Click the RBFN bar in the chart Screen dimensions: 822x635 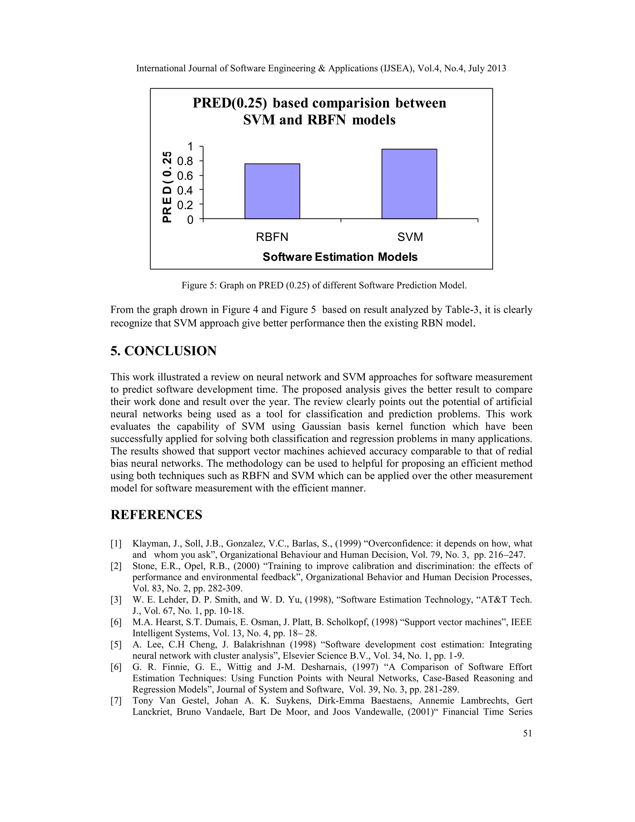pos(272,191)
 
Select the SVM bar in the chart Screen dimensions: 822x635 pos(409,184)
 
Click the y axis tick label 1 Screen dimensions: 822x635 pos(190,146)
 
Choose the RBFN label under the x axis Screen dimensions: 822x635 pos(272,237)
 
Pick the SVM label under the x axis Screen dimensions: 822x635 pos(410,237)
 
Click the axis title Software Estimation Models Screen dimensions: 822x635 pos(340,257)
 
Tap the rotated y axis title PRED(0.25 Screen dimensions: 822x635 pos(167,187)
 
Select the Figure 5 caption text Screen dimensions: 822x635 pos(324,285)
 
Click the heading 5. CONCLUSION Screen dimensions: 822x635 pos(163,351)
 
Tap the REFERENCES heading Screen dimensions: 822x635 pos(156,515)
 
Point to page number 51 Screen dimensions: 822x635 pos(527,733)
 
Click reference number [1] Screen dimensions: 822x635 pos(116,543)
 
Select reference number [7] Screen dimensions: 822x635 pos(116,700)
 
